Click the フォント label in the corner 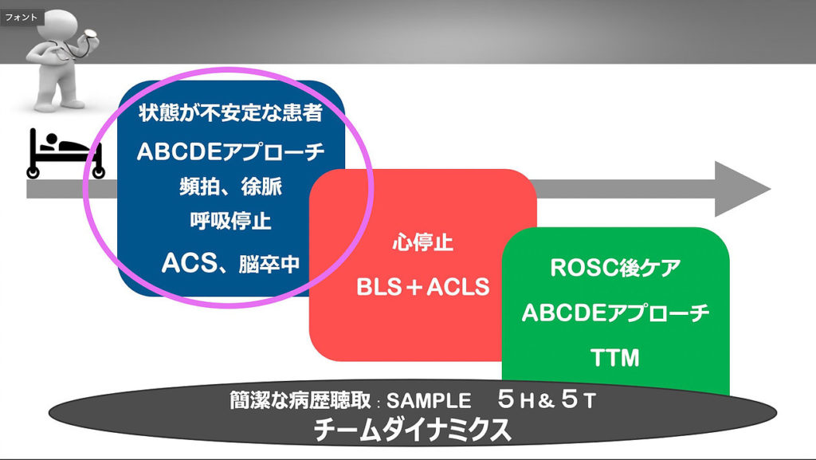tap(22, 18)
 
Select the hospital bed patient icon tap(65, 154)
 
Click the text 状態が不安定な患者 tap(230, 112)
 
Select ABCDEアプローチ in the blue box tap(230, 151)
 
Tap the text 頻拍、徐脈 tap(230, 187)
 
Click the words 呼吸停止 tap(230, 221)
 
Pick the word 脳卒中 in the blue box tap(269, 265)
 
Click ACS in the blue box tap(189, 263)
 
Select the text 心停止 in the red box tap(422, 242)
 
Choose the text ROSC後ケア tap(615, 267)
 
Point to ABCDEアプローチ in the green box tap(615, 313)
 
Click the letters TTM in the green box tap(615, 358)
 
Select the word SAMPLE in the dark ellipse tap(429, 401)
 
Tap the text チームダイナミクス tap(412, 430)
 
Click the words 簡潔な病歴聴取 tap(300, 400)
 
